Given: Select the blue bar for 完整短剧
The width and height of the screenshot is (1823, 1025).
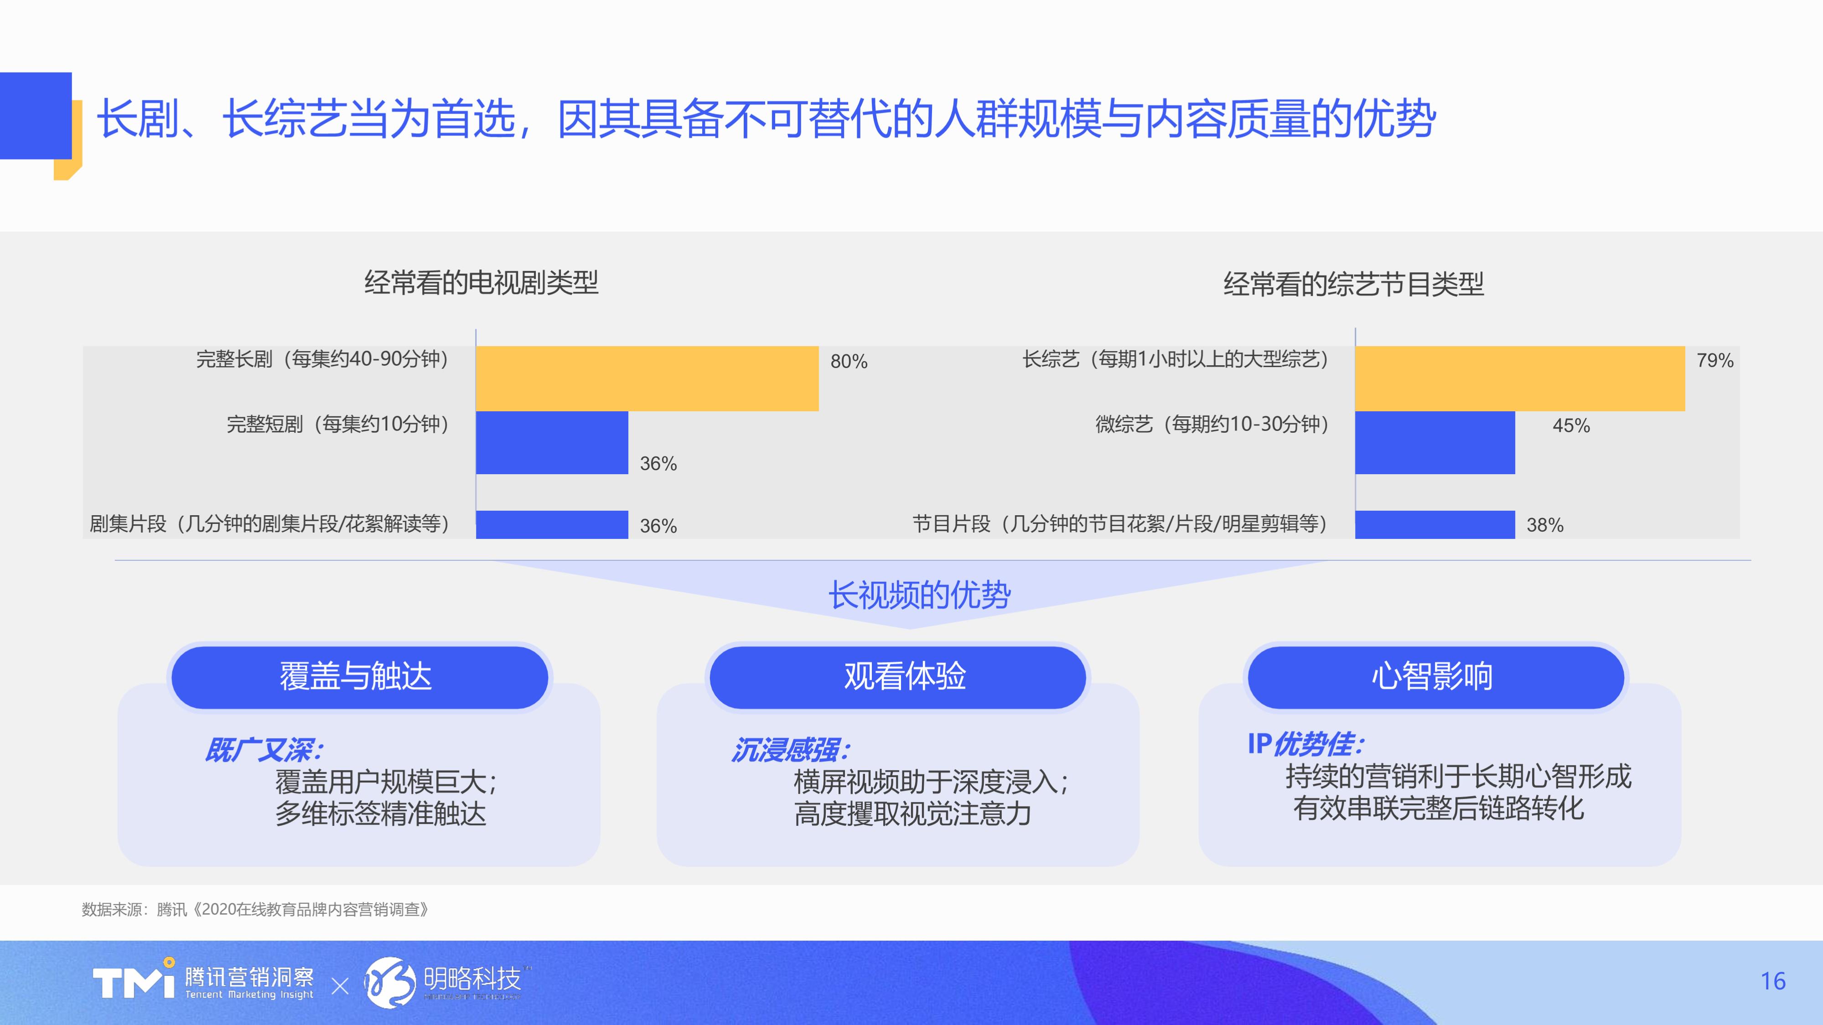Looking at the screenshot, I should point(552,442).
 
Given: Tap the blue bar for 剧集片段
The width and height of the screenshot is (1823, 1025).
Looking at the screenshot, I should point(552,524).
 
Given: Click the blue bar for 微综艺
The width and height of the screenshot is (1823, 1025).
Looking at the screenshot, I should point(1435,442).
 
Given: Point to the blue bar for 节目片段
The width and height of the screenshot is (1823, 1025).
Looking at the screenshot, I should point(1435,524).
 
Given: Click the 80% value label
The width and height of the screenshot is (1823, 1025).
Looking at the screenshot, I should point(849,362).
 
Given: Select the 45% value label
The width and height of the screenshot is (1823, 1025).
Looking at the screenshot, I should point(1571,425).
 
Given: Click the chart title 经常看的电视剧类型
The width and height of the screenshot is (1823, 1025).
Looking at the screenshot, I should point(481,283).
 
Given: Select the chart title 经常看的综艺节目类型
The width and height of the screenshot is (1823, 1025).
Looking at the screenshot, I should point(1353,285).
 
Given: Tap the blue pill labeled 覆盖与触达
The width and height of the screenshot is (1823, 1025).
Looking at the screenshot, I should point(359,677).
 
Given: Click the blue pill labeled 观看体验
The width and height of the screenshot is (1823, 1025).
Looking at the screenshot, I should point(897,677).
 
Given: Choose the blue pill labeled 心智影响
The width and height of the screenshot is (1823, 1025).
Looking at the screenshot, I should point(1435,677).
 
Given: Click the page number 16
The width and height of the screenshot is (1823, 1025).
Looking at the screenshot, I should point(1773,981).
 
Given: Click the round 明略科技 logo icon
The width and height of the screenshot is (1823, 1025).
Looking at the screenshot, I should point(390,982).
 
